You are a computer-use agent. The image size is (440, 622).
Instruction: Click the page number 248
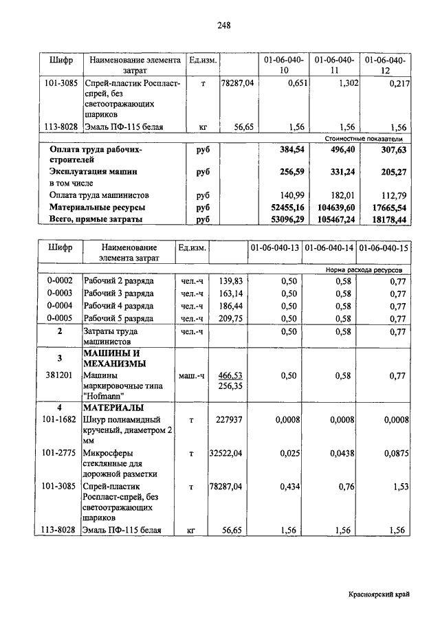coord(223,26)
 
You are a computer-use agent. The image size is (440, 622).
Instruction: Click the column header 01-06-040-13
coord(274,247)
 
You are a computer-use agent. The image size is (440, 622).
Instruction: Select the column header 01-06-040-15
coord(384,247)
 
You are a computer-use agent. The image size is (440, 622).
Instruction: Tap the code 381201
coord(60,376)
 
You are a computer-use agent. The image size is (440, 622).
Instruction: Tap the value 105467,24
coord(333,219)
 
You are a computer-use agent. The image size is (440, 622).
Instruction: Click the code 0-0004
coord(60,306)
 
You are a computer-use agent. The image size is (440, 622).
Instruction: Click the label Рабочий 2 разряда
coord(118,280)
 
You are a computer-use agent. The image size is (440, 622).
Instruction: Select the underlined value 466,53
coord(231,376)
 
